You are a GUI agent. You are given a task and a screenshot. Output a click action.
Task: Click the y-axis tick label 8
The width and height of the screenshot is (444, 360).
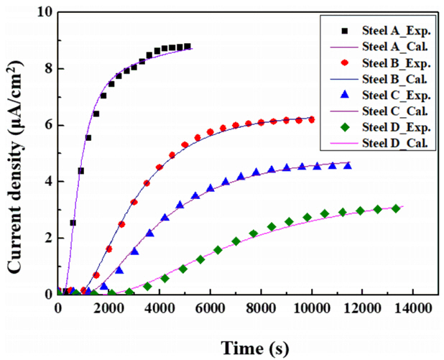coord(45,69)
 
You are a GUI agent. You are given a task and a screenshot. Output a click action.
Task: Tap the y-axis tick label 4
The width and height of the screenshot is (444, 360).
coord(45,181)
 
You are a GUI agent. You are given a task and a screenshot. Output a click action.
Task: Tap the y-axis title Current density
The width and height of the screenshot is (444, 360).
coord(14,154)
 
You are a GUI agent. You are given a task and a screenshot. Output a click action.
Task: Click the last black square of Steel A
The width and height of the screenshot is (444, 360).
coord(188,47)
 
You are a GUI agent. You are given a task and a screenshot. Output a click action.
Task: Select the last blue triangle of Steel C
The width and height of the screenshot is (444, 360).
coord(348,166)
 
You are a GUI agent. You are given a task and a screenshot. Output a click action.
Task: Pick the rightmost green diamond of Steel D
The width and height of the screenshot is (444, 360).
coord(396,208)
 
